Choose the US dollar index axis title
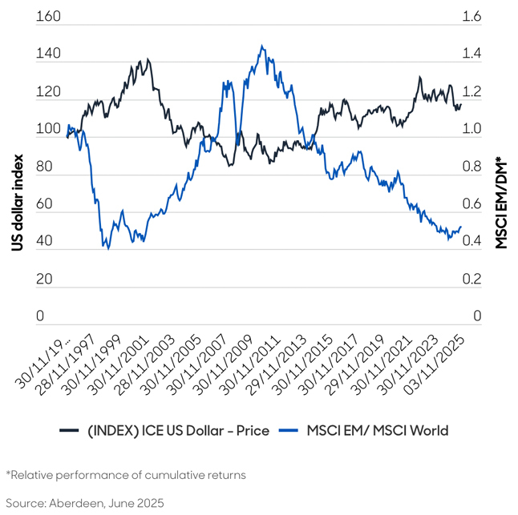pos(18,194)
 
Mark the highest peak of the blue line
pos(262,46)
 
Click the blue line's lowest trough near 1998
pos(107,249)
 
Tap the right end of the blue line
pos(461,227)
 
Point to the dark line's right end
pos(461,104)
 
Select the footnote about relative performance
pos(126,475)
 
